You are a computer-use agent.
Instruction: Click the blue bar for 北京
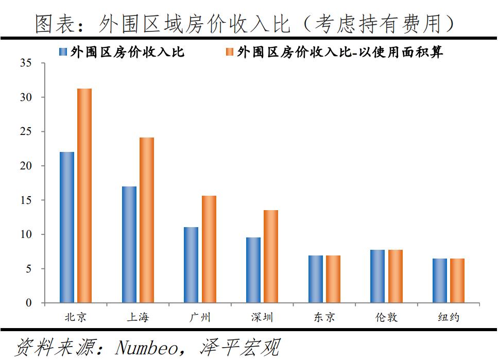pyautogui.click(x=67, y=227)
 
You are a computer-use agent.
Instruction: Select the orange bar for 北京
pyautogui.click(x=84, y=196)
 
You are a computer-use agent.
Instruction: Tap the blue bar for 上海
pyautogui.click(x=129, y=245)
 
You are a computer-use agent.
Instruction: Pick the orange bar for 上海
pyautogui.click(x=147, y=220)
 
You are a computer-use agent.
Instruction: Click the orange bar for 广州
pyautogui.click(x=209, y=249)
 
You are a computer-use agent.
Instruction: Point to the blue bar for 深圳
pyautogui.click(x=253, y=270)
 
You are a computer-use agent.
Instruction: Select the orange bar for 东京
pyautogui.click(x=333, y=279)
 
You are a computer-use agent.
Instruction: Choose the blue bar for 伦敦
pyautogui.click(x=377, y=276)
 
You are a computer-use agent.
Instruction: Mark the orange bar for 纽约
pyautogui.click(x=457, y=280)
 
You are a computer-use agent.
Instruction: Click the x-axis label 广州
pyautogui.click(x=200, y=317)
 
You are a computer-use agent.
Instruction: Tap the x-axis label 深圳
pyautogui.click(x=262, y=317)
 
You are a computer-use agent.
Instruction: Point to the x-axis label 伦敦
pyautogui.click(x=386, y=317)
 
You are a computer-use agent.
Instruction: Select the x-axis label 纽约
pyautogui.click(x=449, y=317)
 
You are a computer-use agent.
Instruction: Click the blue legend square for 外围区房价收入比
pyautogui.click(x=63, y=52)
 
